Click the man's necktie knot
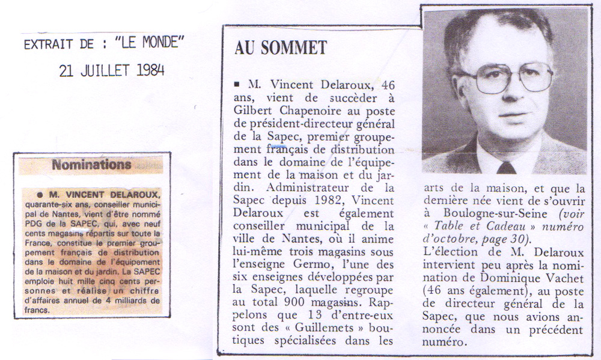point(505,166)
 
